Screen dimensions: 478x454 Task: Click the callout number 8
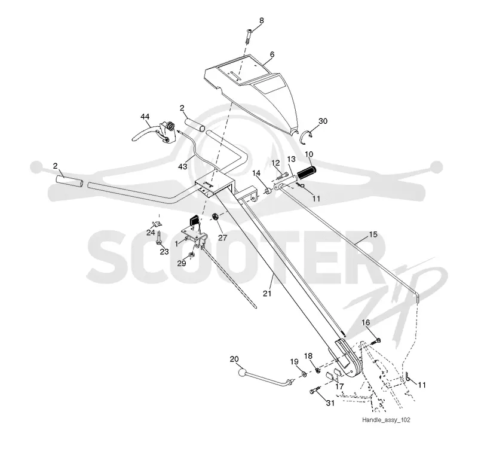coord(262,21)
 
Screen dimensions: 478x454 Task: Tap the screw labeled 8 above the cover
coord(249,36)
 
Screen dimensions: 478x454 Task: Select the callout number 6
coord(272,54)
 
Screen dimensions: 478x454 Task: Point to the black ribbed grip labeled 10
coord(307,173)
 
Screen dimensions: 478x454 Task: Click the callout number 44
coord(145,117)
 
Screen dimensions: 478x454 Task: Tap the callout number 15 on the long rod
coord(373,234)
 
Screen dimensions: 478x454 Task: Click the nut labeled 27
coord(215,217)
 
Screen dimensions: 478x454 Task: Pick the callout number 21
coord(267,293)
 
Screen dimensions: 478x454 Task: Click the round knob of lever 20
coord(243,373)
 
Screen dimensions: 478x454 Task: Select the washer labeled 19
coord(304,374)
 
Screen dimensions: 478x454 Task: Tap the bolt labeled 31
coord(315,390)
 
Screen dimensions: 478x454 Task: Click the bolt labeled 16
coord(376,341)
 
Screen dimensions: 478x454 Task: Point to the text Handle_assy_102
coord(386,420)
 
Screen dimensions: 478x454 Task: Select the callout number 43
coord(183,167)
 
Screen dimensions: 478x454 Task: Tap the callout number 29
coord(182,263)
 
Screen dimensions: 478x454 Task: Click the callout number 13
coord(292,159)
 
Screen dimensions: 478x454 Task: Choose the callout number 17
coord(339,386)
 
